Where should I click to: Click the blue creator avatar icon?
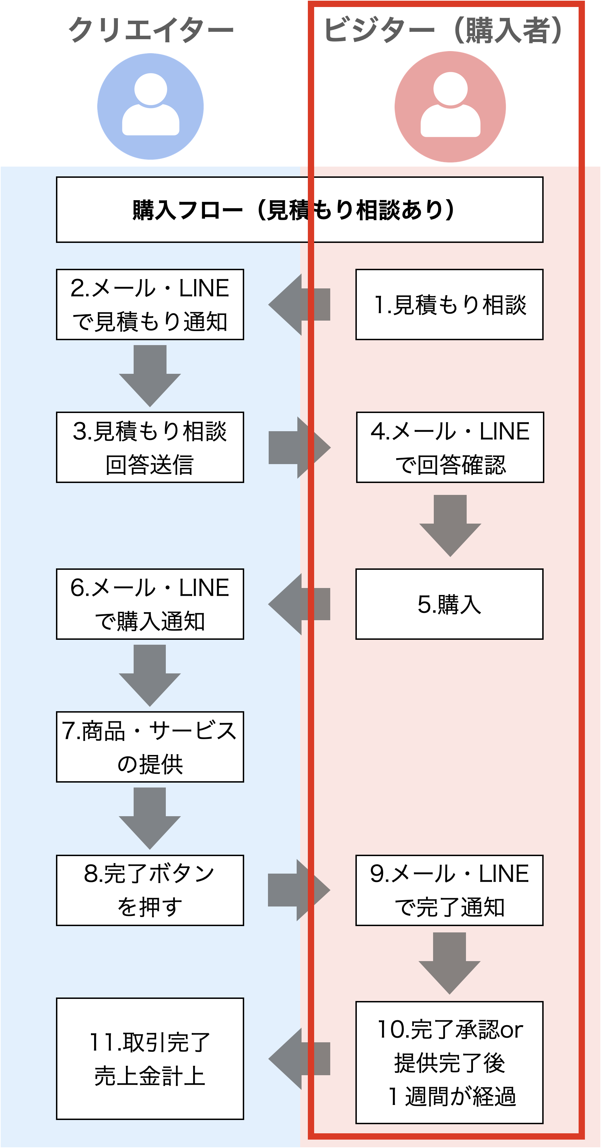click(150, 106)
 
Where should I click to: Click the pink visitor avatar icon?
click(450, 106)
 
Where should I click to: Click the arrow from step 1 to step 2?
click(299, 304)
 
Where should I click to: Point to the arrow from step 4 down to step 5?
click(450, 526)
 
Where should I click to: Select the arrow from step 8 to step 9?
click(299, 890)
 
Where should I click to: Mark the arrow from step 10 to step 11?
click(299, 1059)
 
